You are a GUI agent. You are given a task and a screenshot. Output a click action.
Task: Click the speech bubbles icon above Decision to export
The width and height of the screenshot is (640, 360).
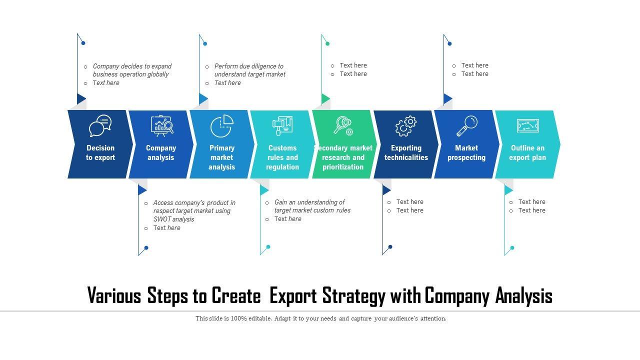[x=100, y=125]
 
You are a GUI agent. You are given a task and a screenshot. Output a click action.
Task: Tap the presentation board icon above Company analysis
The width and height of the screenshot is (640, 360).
[x=161, y=126]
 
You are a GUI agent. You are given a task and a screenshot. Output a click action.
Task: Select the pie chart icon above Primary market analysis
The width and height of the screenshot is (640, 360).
[x=222, y=126]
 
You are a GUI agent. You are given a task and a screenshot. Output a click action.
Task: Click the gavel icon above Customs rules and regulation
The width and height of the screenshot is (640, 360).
[x=282, y=125]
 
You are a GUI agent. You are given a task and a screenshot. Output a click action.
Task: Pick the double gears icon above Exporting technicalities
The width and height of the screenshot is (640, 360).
[x=406, y=126]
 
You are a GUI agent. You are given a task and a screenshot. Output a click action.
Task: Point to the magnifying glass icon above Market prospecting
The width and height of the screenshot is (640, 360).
[x=467, y=125]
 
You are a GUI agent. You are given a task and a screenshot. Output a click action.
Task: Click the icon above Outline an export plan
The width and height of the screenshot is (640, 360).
[x=527, y=125]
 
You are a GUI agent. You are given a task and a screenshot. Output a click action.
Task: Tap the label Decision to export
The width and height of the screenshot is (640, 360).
[x=100, y=152]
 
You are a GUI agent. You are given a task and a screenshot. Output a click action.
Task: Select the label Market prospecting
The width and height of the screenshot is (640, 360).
[x=466, y=152]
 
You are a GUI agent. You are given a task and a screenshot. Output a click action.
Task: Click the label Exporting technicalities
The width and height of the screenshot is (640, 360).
[x=406, y=152]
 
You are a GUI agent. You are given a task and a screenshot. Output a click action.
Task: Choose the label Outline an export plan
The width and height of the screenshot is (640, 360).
[x=527, y=152]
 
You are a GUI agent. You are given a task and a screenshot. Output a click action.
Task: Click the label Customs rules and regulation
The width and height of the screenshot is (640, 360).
[x=282, y=157]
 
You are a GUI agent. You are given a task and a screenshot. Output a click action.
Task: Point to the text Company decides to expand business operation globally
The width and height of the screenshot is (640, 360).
[x=132, y=70]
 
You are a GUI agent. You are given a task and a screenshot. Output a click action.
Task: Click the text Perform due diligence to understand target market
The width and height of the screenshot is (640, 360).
[x=249, y=70]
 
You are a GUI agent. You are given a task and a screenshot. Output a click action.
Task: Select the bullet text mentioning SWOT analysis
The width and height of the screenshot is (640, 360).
[x=194, y=211]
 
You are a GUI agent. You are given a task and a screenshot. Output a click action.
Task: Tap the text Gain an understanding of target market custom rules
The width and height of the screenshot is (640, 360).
[x=312, y=206]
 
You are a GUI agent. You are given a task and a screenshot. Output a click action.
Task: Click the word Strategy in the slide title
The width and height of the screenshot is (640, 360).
[x=354, y=296]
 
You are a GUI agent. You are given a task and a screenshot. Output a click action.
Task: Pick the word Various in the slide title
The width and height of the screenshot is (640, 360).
[x=114, y=296]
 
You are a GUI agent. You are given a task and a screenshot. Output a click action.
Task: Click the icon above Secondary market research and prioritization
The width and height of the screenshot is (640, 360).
[x=343, y=125]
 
